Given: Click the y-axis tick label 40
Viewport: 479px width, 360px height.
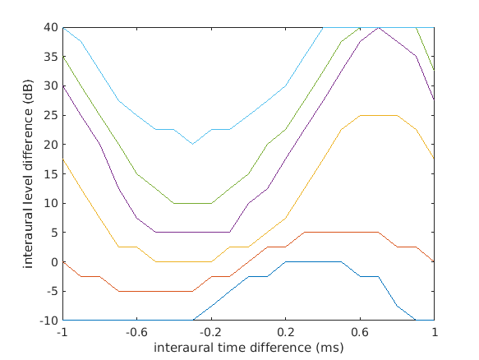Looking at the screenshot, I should (x=51, y=27).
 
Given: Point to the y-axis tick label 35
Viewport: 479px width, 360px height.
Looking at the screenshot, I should (x=51, y=57).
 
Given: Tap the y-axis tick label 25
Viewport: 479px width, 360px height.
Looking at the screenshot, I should (x=51, y=115).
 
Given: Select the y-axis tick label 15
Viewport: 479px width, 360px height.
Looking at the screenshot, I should (x=51, y=173).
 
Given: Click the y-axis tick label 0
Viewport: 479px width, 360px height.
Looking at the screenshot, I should (x=54, y=261).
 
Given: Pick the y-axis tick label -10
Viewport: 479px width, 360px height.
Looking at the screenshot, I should (x=48, y=320).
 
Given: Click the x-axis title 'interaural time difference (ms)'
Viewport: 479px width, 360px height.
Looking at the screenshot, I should (x=248, y=347).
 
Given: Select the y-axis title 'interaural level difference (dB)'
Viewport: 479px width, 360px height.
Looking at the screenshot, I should (x=29, y=173).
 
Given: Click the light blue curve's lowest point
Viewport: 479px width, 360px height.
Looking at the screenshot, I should (x=192, y=144).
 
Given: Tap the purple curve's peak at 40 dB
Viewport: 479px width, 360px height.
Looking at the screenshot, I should (x=378, y=27).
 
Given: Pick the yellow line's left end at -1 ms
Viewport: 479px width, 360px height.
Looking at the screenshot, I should (x=62, y=159).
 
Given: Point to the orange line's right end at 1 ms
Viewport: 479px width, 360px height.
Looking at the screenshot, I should (x=434, y=261).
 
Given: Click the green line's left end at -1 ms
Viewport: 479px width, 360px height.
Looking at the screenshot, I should (x=62, y=57).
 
